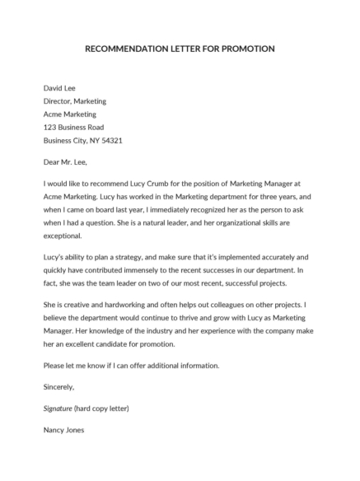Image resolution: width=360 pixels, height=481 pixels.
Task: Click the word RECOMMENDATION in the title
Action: pyautogui.click(x=126, y=49)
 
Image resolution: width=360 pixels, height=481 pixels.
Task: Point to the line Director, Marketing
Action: pyautogui.click(x=74, y=101)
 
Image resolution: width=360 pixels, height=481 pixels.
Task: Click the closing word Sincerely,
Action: pyautogui.click(x=58, y=387)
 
